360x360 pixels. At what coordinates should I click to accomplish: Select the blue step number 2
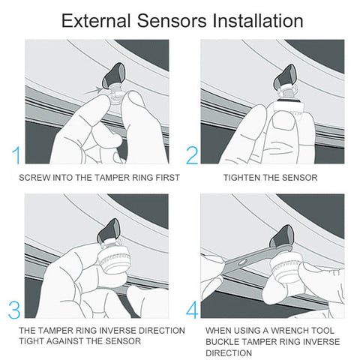pos(192,155)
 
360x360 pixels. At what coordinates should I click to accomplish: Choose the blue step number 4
pos(192,310)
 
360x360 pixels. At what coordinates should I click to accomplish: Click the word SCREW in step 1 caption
pos(33,178)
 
